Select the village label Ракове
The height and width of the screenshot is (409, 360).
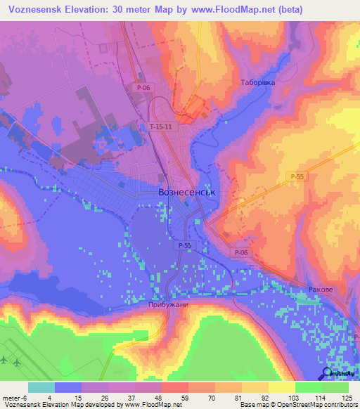pyautogui.click(x=320, y=290)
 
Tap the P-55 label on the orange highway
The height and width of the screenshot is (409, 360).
pyautogui.click(x=296, y=178)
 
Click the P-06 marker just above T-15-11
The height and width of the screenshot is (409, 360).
pyautogui.click(x=142, y=87)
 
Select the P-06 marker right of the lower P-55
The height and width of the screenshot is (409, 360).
pyautogui.click(x=240, y=252)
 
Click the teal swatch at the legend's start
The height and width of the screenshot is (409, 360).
pyautogui.click(x=41, y=387)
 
